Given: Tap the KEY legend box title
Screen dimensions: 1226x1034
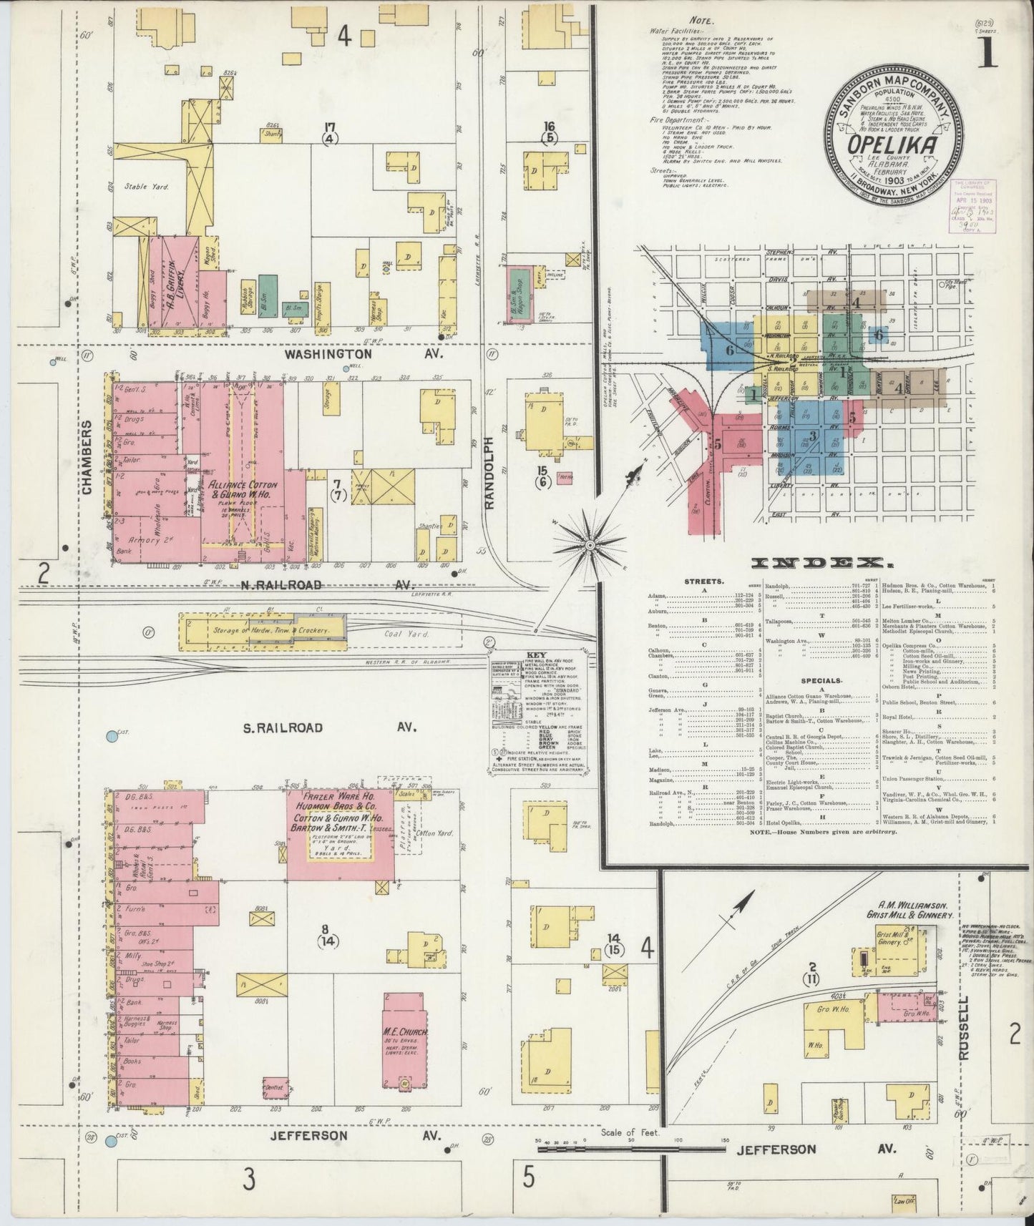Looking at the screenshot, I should pyautogui.click(x=536, y=654).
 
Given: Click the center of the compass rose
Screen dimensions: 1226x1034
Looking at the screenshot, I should pyautogui.click(x=591, y=546).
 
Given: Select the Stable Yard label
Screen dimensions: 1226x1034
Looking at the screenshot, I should pyautogui.click(x=145, y=187).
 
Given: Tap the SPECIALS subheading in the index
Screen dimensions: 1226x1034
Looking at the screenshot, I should pyautogui.click(x=821, y=682).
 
